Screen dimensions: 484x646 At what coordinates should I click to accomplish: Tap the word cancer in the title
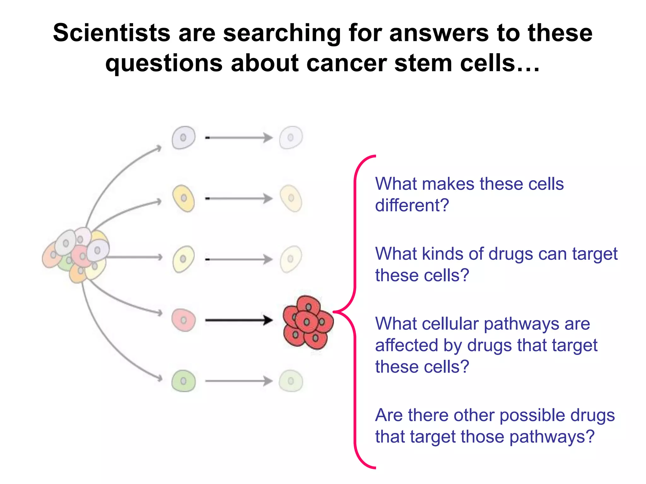346,63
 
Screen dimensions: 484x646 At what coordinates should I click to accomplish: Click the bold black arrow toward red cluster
238,320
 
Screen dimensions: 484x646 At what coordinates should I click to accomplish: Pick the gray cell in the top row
183,138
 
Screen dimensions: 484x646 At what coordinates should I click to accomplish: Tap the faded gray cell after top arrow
291,138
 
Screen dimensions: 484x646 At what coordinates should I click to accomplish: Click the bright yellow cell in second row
184,198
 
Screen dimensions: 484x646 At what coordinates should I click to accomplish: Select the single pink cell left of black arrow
184,320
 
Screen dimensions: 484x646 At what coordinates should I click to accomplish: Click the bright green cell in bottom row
184,381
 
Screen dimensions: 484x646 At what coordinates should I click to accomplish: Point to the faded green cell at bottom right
291,381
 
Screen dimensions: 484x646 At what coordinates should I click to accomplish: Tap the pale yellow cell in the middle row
183,259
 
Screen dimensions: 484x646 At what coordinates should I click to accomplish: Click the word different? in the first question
412,205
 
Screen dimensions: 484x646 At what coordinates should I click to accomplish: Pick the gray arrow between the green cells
238,381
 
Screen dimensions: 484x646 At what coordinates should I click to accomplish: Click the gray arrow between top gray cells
238,138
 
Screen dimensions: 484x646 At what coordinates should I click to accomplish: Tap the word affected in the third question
406,345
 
